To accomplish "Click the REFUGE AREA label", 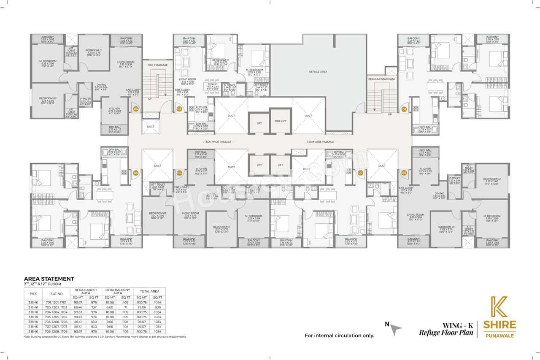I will tap(318, 72).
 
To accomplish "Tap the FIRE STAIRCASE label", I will tap(157, 65).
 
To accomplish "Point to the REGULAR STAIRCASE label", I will tap(381, 79).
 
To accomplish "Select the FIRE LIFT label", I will tap(281, 122).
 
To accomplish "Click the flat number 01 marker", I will tap(404, 109).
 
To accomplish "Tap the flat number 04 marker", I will tap(136, 109).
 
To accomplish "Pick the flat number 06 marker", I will tap(179, 173).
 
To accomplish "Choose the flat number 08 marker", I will tap(404, 173).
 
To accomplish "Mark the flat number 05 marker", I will tap(136, 173).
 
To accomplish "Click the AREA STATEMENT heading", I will tap(49, 279).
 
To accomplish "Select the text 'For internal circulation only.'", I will tap(340, 336).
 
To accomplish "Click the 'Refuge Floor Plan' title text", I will tap(445, 333).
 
